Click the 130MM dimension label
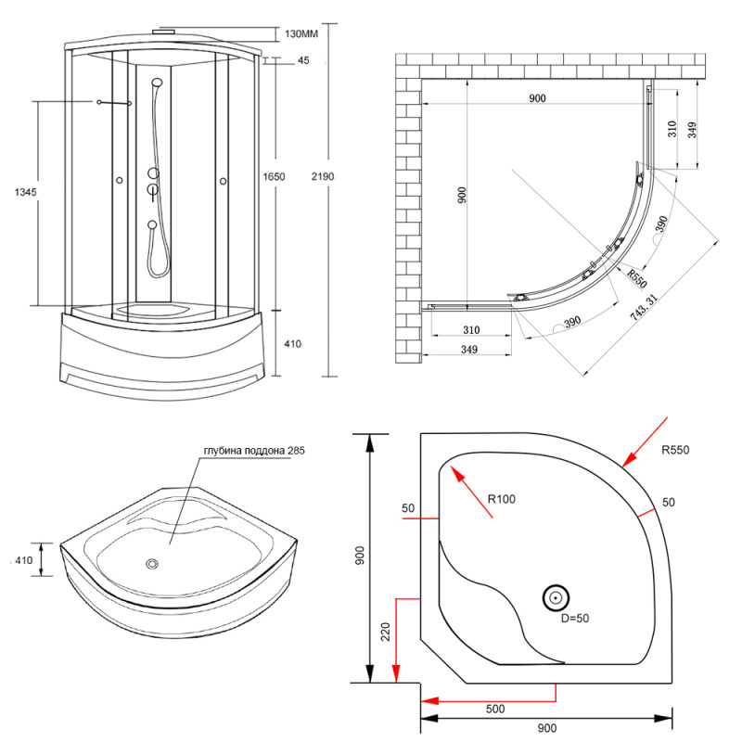click(x=301, y=34)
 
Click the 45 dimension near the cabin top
click(x=303, y=61)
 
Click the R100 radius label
click(x=501, y=499)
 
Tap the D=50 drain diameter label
click(x=564, y=619)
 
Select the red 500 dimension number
click(x=494, y=710)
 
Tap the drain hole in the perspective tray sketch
click(x=153, y=563)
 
